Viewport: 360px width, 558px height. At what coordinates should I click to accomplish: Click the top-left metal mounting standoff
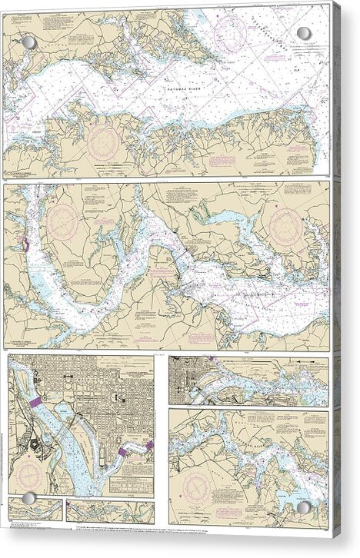[x=30, y=41]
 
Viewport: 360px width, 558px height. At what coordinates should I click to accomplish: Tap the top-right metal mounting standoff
[x=304, y=33]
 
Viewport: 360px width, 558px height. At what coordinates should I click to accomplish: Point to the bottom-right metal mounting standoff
[x=304, y=507]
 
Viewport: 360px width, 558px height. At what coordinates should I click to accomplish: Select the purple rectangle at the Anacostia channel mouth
[x=125, y=452]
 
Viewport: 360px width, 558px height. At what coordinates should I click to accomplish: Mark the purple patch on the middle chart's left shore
[x=25, y=244]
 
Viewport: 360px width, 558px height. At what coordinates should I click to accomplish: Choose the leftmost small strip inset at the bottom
[x=34, y=510]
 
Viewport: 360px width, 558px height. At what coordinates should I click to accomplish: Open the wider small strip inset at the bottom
[x=109, y=510]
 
